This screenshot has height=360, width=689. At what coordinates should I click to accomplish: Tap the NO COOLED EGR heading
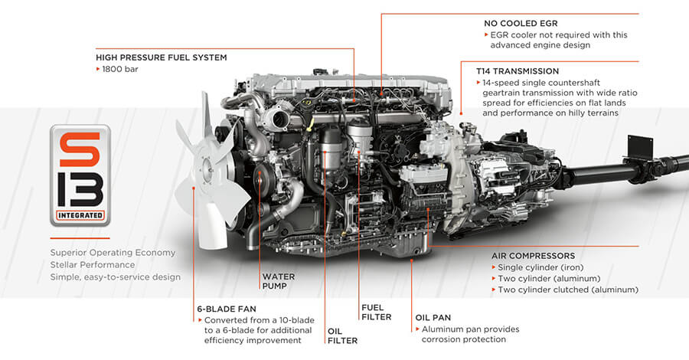521,23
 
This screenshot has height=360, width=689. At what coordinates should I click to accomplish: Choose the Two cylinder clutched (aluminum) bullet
567,290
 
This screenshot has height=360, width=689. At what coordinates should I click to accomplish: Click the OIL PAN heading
433,316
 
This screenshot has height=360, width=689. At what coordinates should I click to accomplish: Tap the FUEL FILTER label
376,311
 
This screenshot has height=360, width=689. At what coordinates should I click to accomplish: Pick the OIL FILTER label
342,335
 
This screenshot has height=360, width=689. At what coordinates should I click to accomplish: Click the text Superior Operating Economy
113,253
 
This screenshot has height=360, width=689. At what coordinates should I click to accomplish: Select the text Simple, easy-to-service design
116,277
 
